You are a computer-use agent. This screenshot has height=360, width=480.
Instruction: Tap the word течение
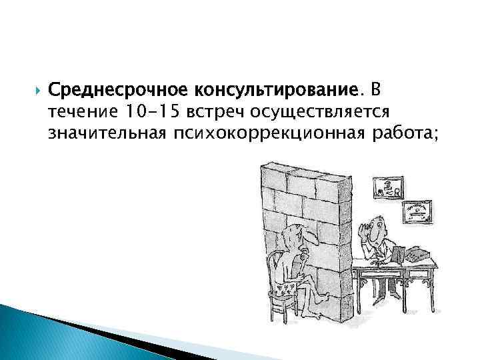point(77,111)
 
